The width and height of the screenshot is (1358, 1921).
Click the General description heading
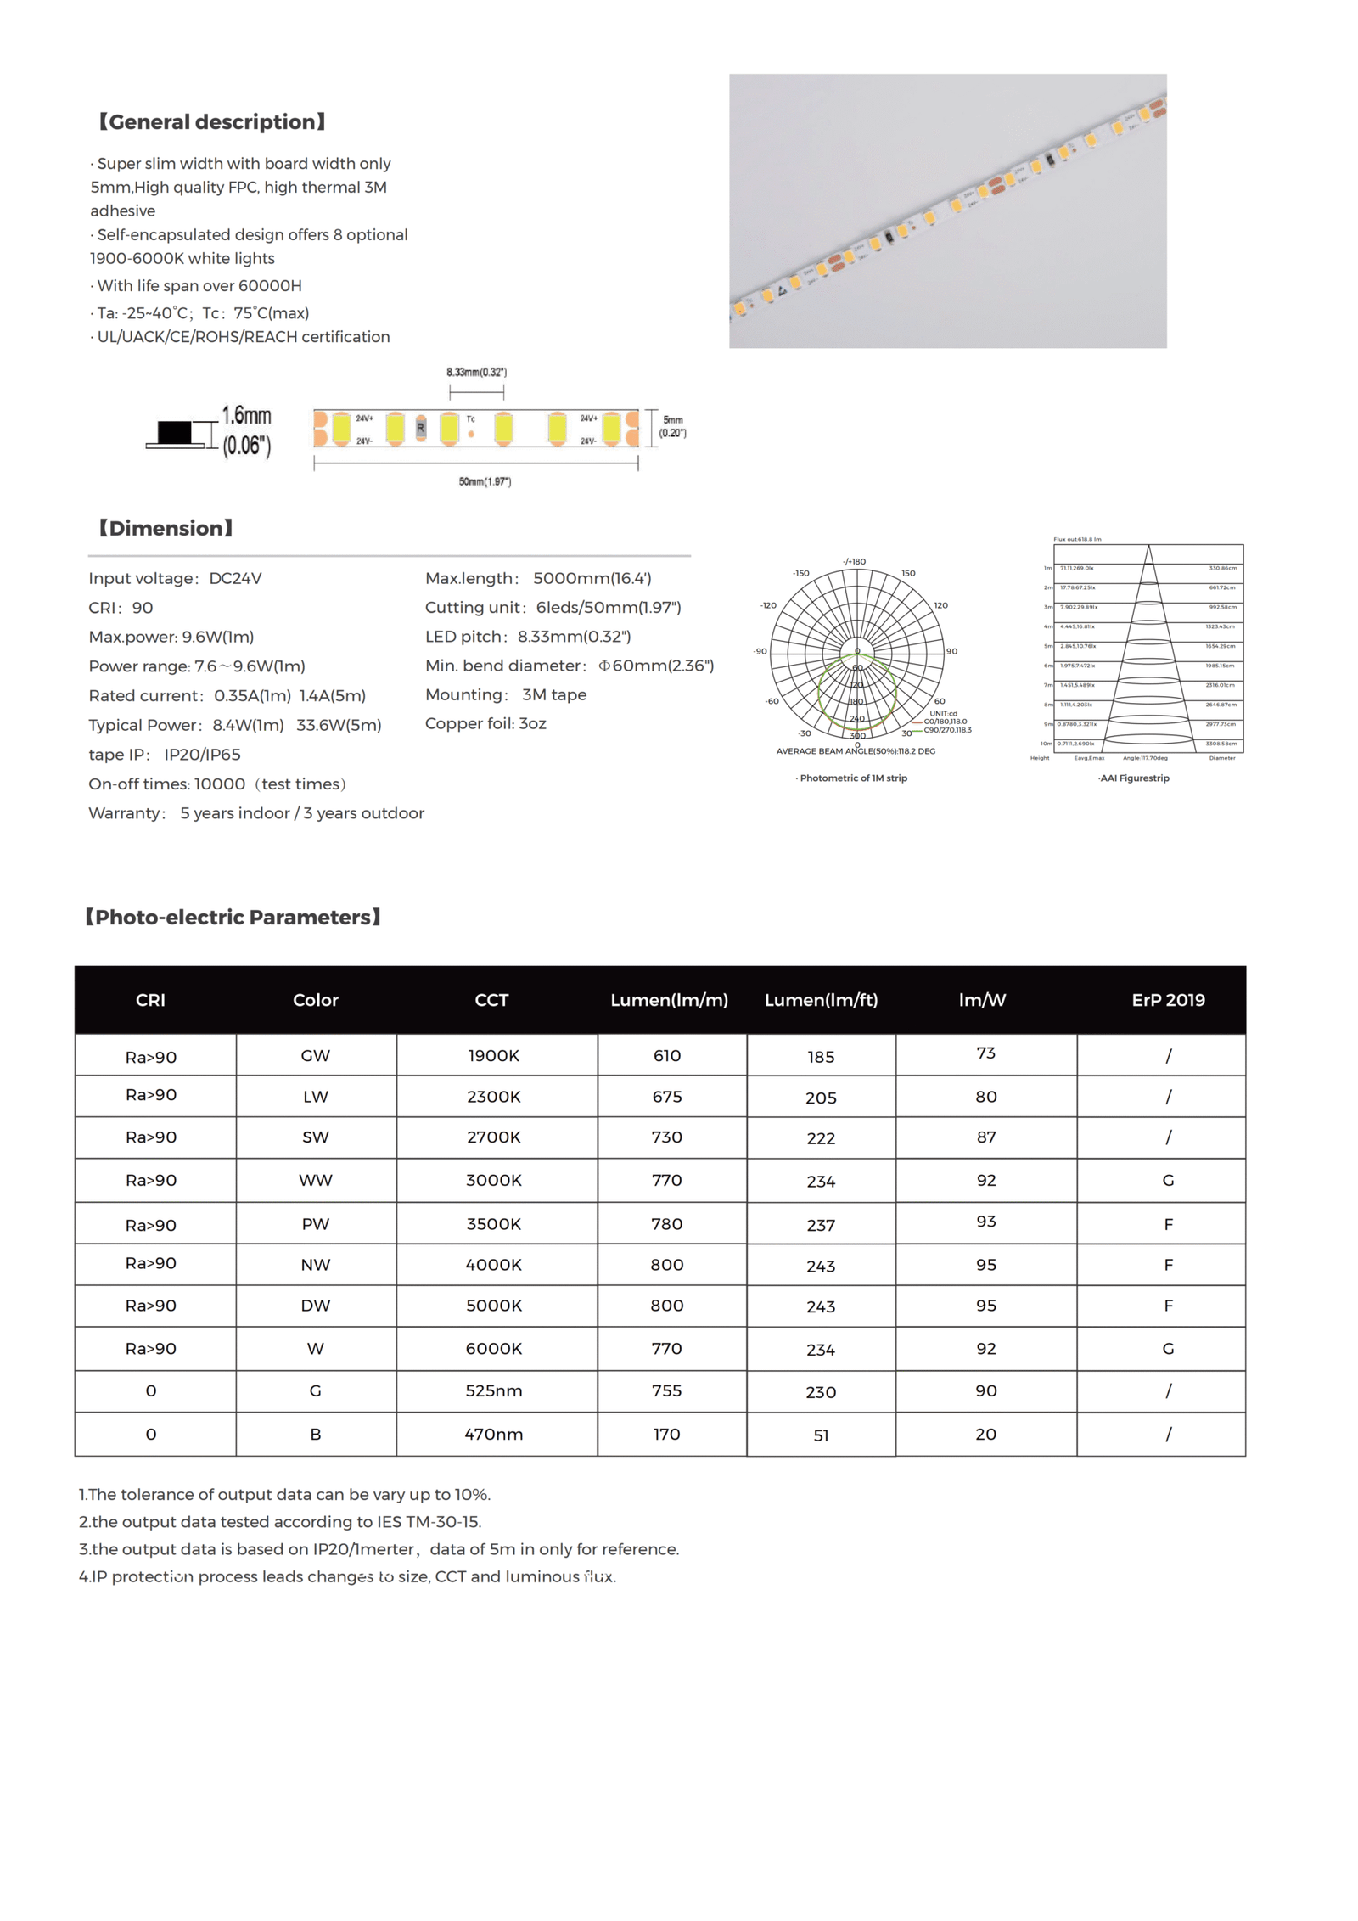[212, 122]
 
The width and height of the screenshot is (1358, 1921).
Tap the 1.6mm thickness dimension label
[246, 416]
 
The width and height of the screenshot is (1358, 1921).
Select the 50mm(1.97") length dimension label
[485, 482]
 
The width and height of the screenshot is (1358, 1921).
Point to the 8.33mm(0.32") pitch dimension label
[476, 372]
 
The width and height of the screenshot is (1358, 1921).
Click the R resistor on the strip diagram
[420, 429]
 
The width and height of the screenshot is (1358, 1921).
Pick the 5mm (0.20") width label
[673, 426]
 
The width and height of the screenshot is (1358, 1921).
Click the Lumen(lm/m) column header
[669, 1000]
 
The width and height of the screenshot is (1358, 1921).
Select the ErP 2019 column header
[1168, 1000]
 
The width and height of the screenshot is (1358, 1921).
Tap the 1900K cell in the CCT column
[493, 1056]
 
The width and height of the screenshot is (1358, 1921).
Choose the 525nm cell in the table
[493, 1390]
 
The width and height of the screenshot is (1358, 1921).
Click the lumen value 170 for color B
[666, 1434]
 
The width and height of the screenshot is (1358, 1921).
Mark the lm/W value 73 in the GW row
[985, 1053]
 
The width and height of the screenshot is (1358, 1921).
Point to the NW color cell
[315, 1265]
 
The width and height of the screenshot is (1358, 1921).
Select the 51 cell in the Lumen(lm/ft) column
[821, 1435]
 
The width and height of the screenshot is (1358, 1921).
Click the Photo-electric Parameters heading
[233, 918]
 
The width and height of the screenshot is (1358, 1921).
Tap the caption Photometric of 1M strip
[852, 778]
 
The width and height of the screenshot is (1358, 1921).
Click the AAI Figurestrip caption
[1133, 778]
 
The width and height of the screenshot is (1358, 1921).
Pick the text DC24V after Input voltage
[235, 578]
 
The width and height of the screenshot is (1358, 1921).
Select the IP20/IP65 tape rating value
[202, 755]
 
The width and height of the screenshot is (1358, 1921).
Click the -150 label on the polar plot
[800, 573]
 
